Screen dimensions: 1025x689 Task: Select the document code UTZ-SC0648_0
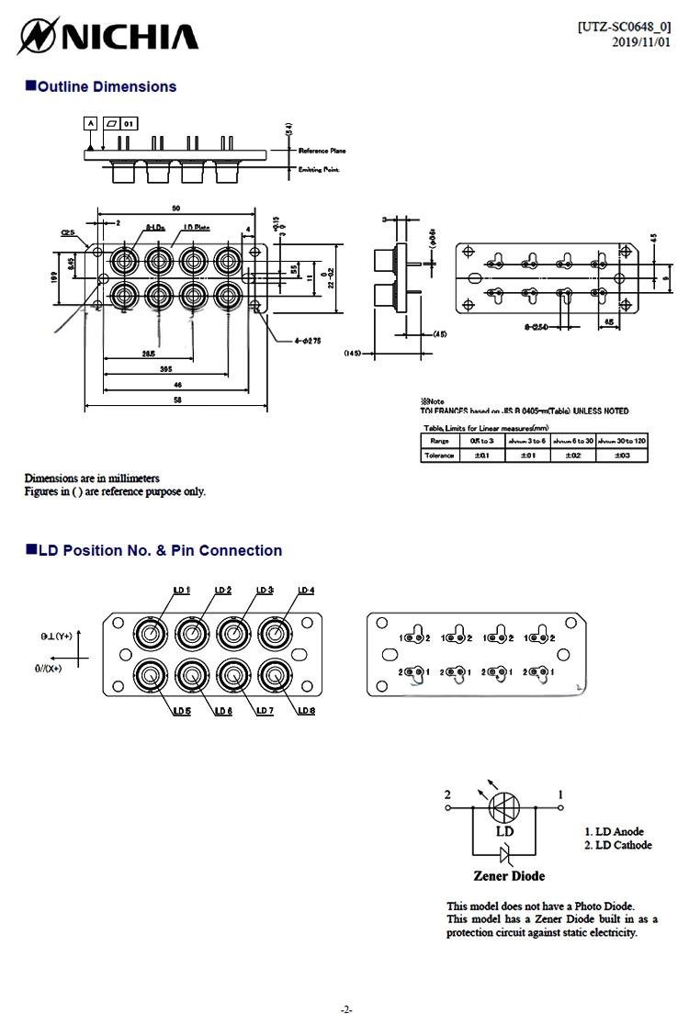click(623, 28)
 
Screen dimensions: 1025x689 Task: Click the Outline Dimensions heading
click(100, 87)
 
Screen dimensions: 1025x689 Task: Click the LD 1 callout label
click(181, 591)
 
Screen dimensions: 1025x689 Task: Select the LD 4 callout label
click(305, 591)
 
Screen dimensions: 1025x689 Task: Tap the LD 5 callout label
click(181, 712)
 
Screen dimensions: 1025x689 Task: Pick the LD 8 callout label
click(306, 712)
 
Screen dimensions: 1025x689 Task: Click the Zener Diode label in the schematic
click(508, 875)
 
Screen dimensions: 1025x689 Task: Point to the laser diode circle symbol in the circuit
click(504, 808)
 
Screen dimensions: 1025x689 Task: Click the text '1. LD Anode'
click(614, 832)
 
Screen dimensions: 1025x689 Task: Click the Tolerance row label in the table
click(440, 456)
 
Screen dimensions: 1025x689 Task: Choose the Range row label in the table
click(440, 441)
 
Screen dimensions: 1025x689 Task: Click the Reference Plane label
click(322, 151)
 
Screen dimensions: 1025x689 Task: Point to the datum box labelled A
click(90, 122)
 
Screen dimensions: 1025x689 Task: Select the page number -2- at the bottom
click(346, 1009)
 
